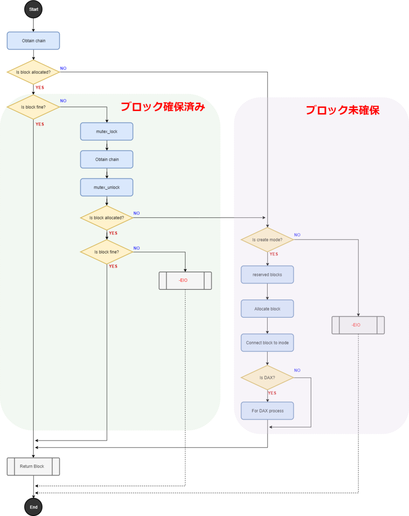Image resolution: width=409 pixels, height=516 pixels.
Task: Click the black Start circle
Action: pyautogui.click(x=34, y=9)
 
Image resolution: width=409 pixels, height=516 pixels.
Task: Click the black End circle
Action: pyautogui.click(x=34, y=507)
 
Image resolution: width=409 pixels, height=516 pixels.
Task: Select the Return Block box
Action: pyautogui.click(x=33, y=466)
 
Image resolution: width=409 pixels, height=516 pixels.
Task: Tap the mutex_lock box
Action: pyautogui.click(x=107, y=132)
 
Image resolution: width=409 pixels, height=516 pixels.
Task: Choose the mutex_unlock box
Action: pyautogui.click(x=107, y=187)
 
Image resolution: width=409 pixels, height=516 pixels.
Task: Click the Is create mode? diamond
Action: pyautogui.click(x=267, y=240)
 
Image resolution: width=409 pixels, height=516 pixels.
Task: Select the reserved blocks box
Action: pyautogui.click(x=267, y=274)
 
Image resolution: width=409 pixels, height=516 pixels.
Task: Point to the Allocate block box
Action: pyautogui.click(x=267, y=309)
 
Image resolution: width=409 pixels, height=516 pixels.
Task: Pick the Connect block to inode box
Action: pyautogui.click(x=267, y=343)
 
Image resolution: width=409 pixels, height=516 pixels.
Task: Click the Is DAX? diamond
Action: pyautogui.click(x=267, y=378)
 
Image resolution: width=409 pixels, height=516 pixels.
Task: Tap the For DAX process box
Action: pyautogui.click(x=268, y=411)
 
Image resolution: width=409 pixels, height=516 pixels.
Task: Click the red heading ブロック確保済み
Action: pyautogui.click(x=163, y=107)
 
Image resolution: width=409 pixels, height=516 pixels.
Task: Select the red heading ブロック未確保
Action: pyautogui.click(x=342, y=110)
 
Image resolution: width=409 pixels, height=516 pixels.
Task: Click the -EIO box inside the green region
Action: pyautogui.click(x=185, y=280)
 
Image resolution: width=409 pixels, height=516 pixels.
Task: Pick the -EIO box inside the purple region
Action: pyautogui.click(x=358, y=325)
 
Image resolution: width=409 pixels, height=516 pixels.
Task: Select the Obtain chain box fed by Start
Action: pyautogui.click(x=34, y=41)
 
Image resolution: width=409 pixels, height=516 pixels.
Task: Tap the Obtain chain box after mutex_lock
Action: pyautogui.click(x=107, y=160)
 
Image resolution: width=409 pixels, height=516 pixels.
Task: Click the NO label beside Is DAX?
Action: pyautogui.click(x=297, y=370)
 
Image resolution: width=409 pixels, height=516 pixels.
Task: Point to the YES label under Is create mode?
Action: pyautogui.click(x=274, y=254)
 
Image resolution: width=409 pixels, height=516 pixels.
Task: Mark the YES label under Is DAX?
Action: pyautogui.click(x=272, y=393)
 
